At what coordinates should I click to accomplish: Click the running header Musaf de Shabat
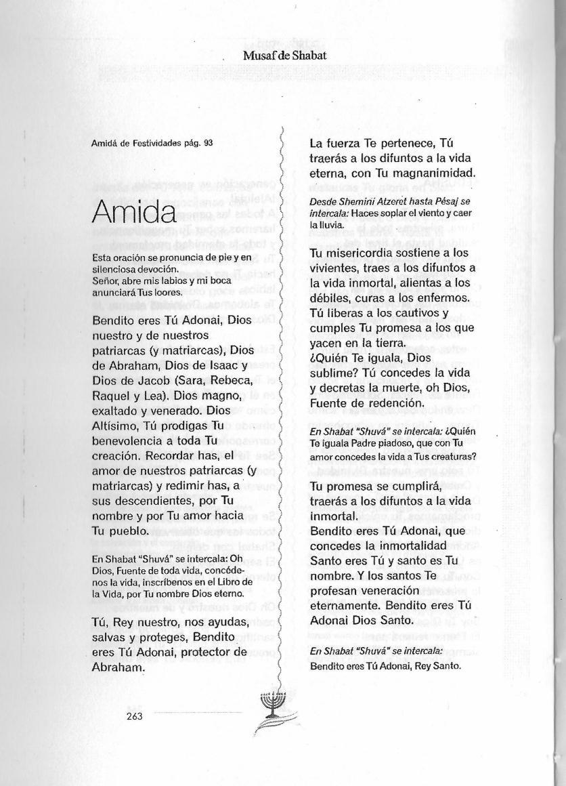[284, 56]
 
